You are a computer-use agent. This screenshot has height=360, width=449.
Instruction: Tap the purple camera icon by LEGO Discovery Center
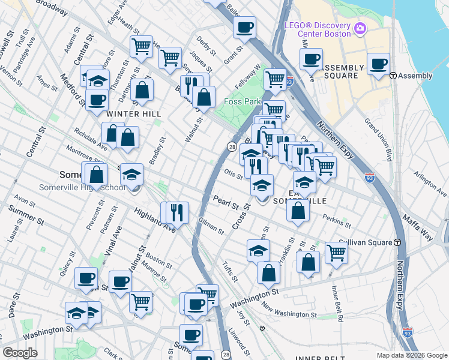tap(360, 28)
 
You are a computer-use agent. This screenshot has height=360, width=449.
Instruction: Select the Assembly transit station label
tap(415, 76)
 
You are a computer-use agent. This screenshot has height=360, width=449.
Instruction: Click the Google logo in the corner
tap(20, 352)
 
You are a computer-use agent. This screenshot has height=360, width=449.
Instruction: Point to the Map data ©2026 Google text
tap(411, 355)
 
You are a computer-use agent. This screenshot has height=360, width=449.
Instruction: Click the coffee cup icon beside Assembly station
tap(379, 64)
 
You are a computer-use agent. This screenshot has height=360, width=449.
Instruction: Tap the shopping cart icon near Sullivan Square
tap(336, 252)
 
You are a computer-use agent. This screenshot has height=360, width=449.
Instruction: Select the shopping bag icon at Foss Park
tap(204, 97)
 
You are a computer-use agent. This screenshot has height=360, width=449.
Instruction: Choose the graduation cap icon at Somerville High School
tap(131, 175)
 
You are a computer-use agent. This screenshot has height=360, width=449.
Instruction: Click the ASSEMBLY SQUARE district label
tap(343, 71)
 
